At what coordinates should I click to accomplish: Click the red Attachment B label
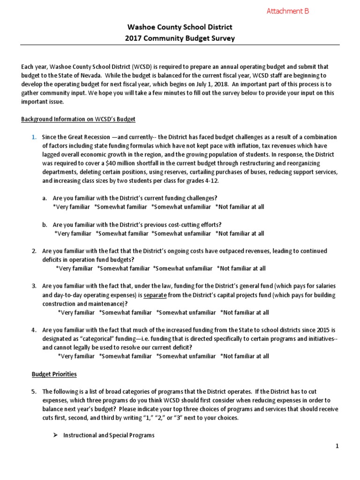pos(288,11)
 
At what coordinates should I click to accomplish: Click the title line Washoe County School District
pos(180,28)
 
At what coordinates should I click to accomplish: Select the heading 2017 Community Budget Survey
pos(180,38)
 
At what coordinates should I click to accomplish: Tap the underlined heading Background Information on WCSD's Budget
pos(78,119)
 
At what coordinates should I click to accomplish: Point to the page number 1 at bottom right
pos(337,447)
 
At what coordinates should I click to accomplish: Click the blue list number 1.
pos(34,137)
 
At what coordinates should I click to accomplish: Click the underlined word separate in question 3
pos(153,295)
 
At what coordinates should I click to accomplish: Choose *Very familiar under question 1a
pos(71,207)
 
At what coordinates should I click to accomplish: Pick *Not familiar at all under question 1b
pos(240,233)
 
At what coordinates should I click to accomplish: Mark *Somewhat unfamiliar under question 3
pos(186,312)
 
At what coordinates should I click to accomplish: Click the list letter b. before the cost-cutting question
pos(44,225)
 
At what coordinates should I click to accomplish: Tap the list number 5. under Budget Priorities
pos(34,391)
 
